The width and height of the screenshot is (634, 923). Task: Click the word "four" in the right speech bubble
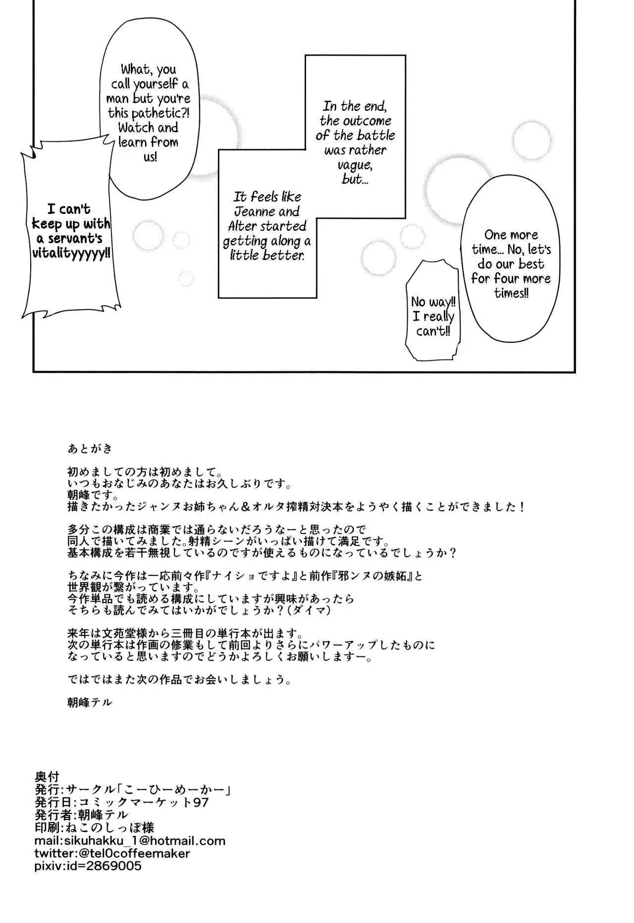click(x=507, y=278)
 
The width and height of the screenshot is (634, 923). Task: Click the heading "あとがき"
click(x=90, y=449)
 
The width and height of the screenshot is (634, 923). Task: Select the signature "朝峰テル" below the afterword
click(x=90, y=702)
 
